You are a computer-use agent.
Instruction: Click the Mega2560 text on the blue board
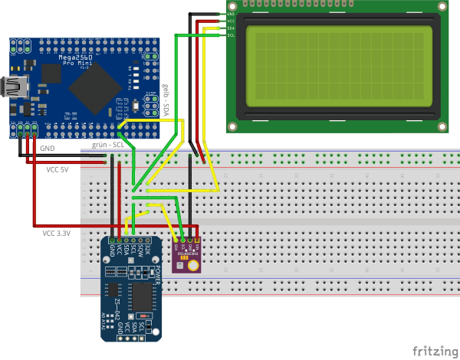tap(81, 57)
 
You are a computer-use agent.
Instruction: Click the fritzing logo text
tap(433, 351)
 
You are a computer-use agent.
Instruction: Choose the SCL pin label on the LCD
tap(231, 35)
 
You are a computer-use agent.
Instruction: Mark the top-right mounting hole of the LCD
tap(442, 8)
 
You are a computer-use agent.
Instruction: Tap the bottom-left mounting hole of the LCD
tap(232, 123)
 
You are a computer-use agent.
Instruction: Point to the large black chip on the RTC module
tap(143, 299)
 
